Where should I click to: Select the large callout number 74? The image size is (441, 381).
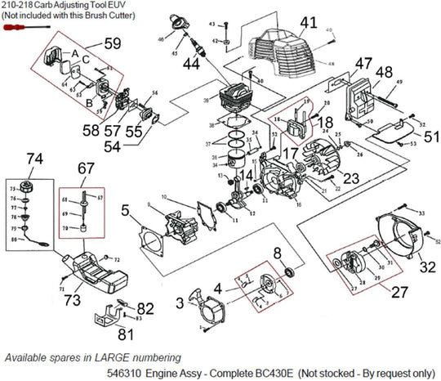coord(34,158)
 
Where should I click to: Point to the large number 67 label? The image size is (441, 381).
coord(87,168)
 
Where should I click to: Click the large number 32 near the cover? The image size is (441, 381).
coord(427,266)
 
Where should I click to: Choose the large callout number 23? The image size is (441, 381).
coord(351,177)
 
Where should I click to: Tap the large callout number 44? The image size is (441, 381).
coord(191,63)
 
